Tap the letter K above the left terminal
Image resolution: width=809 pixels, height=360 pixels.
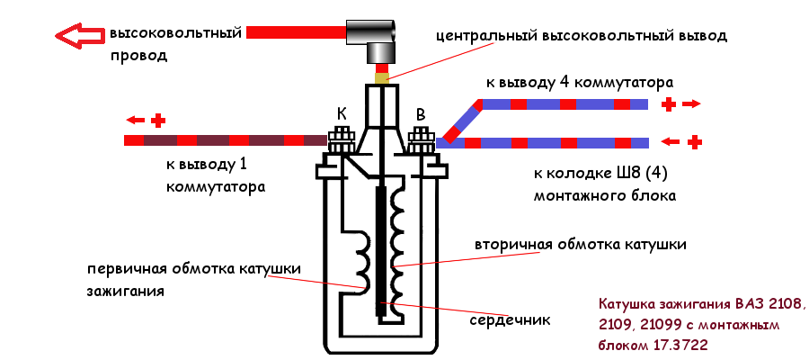click(x=342, y=114)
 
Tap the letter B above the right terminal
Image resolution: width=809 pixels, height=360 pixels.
click(x=421, y=114)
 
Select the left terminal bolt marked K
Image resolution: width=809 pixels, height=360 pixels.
click(x=342, y=142)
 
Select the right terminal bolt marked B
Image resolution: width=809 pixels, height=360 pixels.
click(x=420, y=142)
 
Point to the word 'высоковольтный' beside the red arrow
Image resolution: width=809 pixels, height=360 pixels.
click(x=176, y=34)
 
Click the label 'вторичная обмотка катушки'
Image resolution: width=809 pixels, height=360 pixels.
click(x=581, y=245)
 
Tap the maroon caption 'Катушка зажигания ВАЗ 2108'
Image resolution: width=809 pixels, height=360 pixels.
click(x=703, y=302)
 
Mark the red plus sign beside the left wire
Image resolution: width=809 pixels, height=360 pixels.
click(x=158, y=120)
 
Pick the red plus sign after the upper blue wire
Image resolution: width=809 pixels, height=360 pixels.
click(x=668, y=104)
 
